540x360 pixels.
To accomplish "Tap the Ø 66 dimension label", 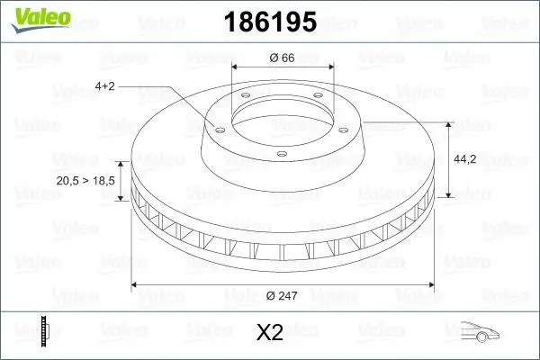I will pyautogui.click(x=283, y=58).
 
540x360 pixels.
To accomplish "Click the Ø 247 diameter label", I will pyautogui.click(x=283, y=295).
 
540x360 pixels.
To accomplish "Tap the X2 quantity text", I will pyautogui.click(x=270, y=333).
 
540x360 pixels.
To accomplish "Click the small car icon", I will pyautogui.click(x=479, y=332).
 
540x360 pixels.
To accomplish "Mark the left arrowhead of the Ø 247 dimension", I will pyautogui.click(x=136, y=284).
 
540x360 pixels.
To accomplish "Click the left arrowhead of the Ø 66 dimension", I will pyautogui.click(x=236, y=67).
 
